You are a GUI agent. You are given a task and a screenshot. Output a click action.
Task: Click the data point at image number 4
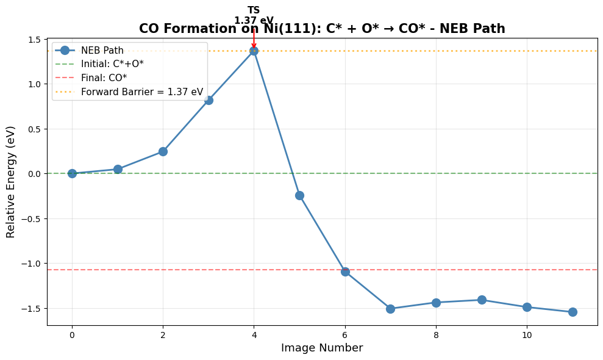tap(254, 51)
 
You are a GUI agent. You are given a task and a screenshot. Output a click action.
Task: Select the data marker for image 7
tap(390, 309)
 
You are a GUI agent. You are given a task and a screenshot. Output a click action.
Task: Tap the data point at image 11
tap(573, 312)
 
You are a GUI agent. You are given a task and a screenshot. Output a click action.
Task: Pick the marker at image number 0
tap(72, 173)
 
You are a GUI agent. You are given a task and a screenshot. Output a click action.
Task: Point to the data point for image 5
tap(299, 195)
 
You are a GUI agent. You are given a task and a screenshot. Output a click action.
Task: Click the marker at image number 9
tap(482, 300)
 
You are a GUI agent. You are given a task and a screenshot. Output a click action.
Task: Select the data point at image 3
tap(209, 100)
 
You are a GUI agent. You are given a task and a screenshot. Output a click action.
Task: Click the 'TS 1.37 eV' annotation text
tap(254, 15)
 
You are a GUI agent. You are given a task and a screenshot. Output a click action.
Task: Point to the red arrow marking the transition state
tap(254, 38)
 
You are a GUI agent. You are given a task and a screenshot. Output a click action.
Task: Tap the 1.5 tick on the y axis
tap(34, 40)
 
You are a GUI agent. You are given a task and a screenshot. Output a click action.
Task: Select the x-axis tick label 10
tap(527, 335)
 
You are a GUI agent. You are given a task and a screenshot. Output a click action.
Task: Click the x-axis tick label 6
tap(345, 335)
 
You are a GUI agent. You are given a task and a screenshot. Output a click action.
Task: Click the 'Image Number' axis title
tap(322, 348)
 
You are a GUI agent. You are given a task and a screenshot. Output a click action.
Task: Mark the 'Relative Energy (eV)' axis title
tap(10, 182)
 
